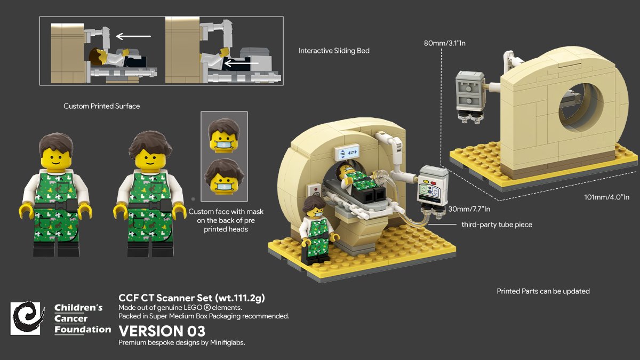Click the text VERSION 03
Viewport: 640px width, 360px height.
[162, 331]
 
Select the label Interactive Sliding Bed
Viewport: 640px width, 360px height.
[334, 51]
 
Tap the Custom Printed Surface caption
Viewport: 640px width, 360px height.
[101, 106]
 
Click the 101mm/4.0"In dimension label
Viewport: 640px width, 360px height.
[607, 197]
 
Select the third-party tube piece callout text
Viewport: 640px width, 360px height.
[497, 225]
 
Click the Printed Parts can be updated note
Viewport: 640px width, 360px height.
[543, 291]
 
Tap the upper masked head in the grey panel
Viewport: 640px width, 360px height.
[223, 135]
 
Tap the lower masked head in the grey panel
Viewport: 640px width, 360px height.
[223, 177]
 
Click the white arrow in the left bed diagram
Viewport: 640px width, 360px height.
[134, 36]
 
